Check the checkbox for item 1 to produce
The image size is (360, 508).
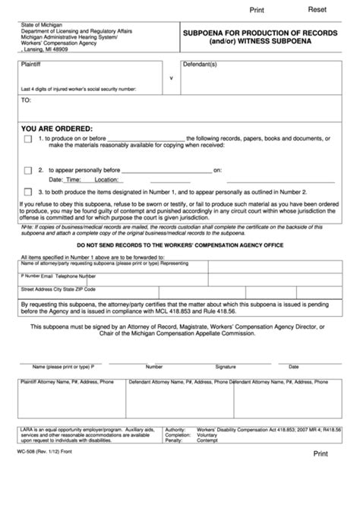28,140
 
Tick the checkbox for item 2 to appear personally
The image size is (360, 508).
28,171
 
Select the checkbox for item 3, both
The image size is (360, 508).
28,192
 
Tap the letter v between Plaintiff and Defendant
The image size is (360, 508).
171,77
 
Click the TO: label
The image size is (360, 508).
26,99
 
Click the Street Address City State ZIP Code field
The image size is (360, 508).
58,289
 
